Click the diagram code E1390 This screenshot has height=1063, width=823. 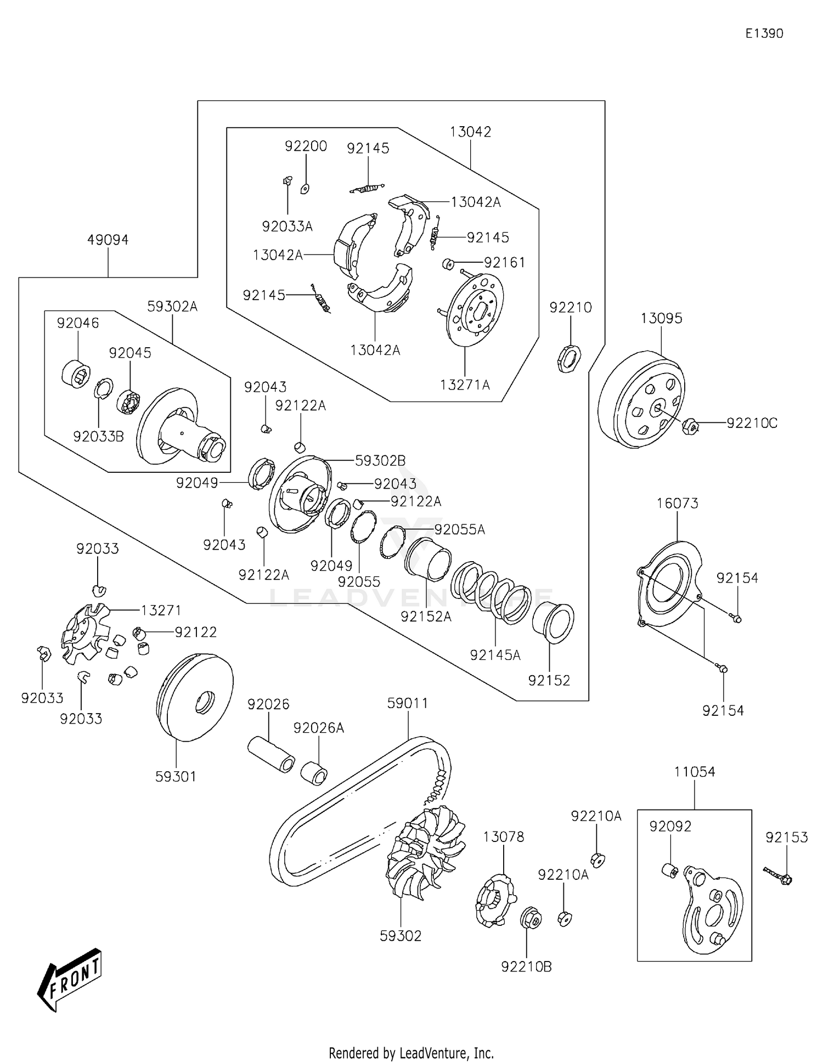point(764,33)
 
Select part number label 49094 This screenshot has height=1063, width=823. point(108,240)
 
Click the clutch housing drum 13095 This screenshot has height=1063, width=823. point(641,400)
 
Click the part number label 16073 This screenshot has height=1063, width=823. point(677,503)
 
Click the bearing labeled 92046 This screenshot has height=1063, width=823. point(75,374)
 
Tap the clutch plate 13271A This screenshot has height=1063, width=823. point(475,310)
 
